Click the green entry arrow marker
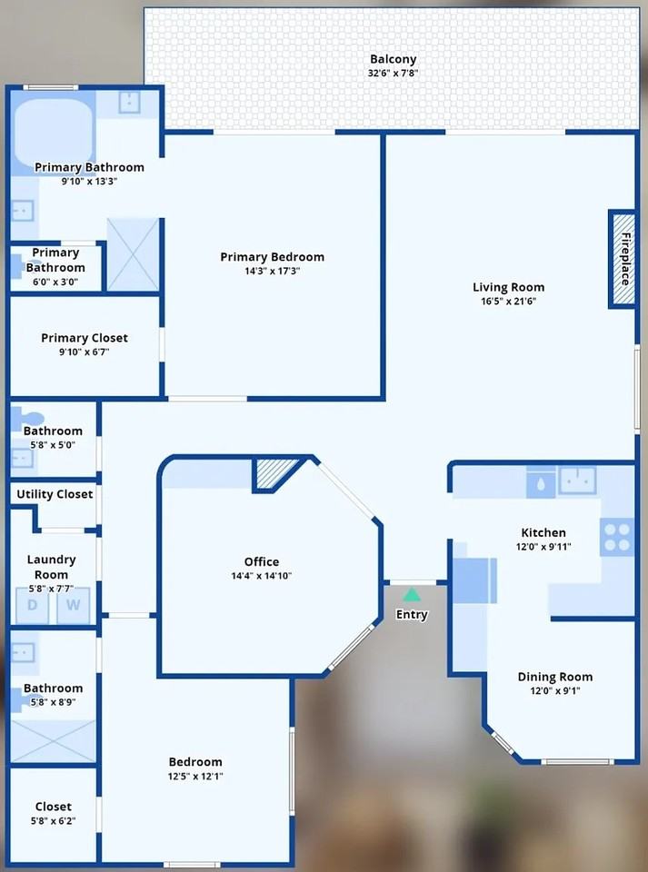412,595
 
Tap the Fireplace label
624,259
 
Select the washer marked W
74,605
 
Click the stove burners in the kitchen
617,537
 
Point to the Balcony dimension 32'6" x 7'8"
393,73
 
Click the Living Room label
508,288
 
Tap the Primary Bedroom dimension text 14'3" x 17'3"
272,271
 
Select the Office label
262,561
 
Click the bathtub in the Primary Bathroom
53,134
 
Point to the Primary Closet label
85,338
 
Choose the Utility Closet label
55,494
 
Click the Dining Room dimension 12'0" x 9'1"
554,690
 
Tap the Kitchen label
543,533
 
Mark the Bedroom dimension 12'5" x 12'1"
195,776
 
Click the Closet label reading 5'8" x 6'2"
54,820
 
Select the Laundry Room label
52,567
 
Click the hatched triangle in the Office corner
277,472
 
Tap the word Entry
412,615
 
